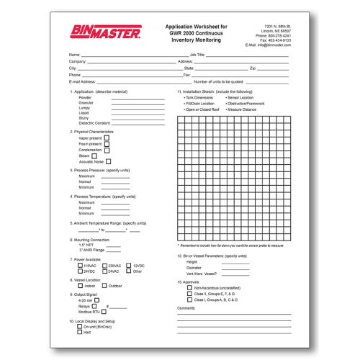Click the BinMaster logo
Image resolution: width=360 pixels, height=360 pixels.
[x=102, y=31]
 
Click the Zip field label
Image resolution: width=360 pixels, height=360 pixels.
[x=253, y=68]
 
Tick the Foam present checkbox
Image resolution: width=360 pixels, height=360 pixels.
[x=107, y=144]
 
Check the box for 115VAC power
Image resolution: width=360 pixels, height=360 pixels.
[x=80, y=266]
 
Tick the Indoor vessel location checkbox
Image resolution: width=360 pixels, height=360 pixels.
[x=80, y=286]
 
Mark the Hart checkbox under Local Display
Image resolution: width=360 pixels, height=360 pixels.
[x=80, y=331]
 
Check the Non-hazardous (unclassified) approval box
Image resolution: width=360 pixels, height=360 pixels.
[x=189, y=288]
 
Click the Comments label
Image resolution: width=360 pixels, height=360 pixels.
[x=186, y=307]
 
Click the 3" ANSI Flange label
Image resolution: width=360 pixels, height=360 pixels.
[x=92, y=250]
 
